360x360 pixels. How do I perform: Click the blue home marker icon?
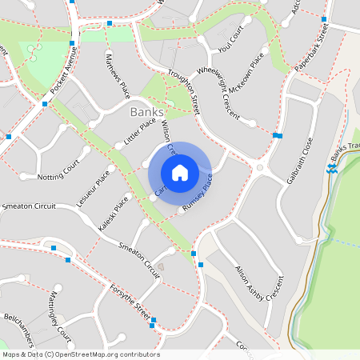coord(180,173)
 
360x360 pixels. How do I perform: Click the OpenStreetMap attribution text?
coord(80,354)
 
